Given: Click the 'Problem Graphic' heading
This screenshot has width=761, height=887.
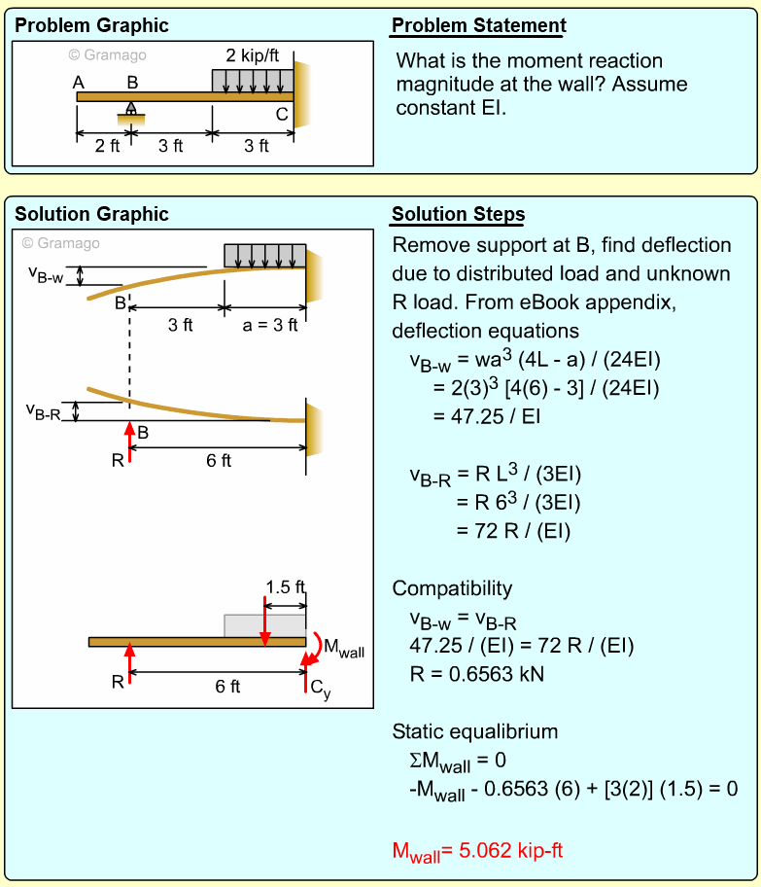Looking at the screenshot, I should click(91, 25).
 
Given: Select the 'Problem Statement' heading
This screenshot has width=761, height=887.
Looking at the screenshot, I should click(478, 25).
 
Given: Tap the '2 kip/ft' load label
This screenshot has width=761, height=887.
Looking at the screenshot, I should click(253, 54).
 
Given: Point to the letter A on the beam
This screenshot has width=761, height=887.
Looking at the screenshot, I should click(79, 83).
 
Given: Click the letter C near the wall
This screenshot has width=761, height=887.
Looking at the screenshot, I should click(282, 114).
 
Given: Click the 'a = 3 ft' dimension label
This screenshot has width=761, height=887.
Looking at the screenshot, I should click(270, 325).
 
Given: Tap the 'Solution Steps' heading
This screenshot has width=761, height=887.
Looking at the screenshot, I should click(458, 214).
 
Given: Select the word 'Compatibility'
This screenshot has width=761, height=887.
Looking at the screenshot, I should click(452, 588).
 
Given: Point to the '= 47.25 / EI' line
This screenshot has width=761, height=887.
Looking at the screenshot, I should click(487, 416).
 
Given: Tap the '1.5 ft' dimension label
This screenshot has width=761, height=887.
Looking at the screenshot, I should click(285, 586).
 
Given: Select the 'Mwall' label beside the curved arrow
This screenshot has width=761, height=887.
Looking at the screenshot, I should click(344, 649).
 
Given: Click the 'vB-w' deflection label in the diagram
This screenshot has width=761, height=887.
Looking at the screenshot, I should click(45, 274).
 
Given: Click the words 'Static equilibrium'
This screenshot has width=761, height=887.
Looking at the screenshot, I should click(475, 731).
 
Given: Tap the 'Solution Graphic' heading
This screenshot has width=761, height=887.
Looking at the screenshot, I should click(91, 214).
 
